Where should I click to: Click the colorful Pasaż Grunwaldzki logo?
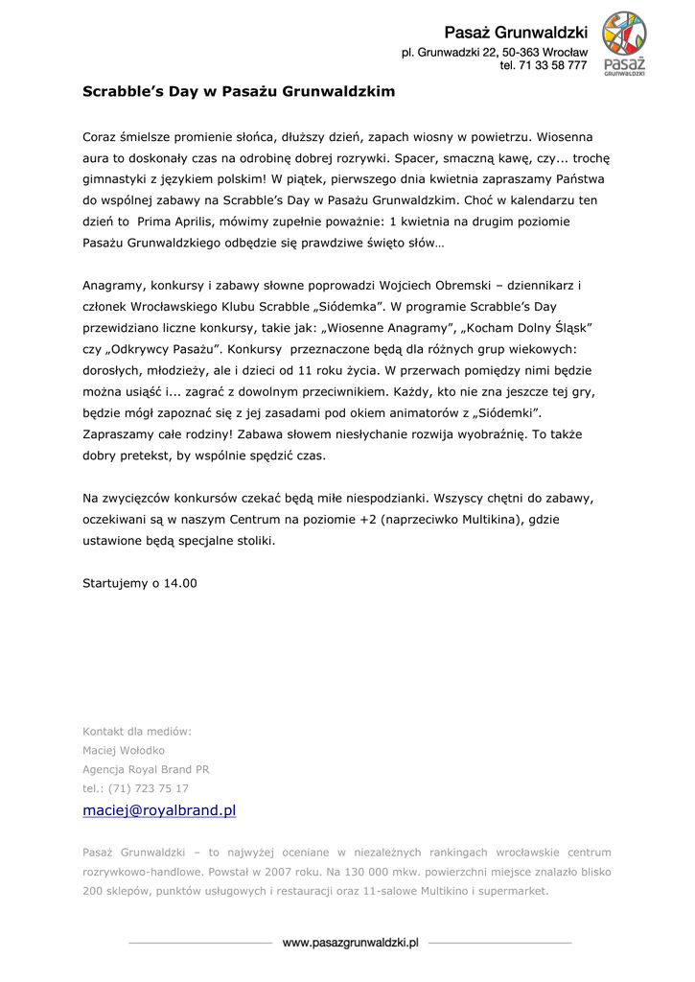pos(623,43)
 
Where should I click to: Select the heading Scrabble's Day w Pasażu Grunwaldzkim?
pos(239,92)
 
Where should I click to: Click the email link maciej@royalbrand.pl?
pos(159,810)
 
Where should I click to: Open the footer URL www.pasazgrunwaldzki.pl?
pos(351,944)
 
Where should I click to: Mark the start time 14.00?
pos(179,582)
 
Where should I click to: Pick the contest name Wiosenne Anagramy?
pos(380,327)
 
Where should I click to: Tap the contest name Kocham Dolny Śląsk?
pos(529,327)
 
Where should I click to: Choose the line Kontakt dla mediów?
pos(137,731)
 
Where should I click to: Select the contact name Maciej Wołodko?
pos(124,750)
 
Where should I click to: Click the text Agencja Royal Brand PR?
pos(146,769)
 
